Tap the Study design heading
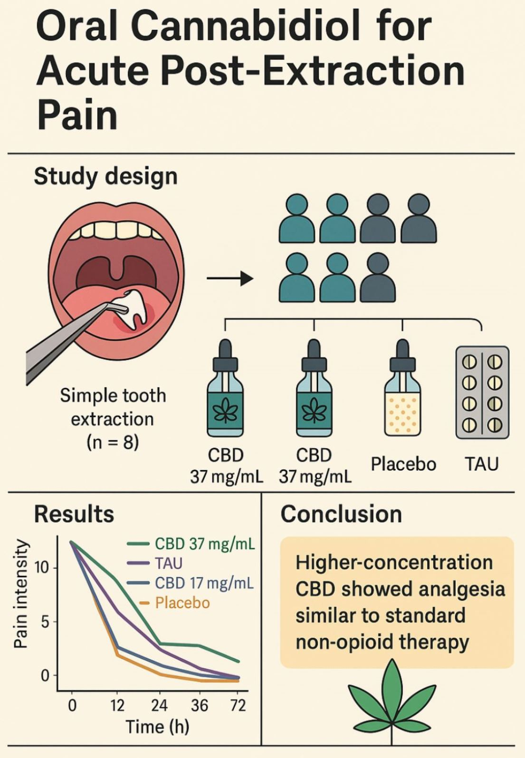[105, 176]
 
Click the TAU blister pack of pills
[482, 392]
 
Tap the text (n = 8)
[113, 442]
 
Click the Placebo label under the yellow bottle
[403, 464]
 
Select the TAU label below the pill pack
[482, 464]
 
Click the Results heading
[74, 514]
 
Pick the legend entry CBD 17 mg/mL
[204, 583]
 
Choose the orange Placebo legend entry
[182, 603]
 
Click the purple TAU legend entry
[168, 564]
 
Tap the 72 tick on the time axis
[238, 705]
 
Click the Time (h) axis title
[157, 727]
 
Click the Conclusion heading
[341, 514]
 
